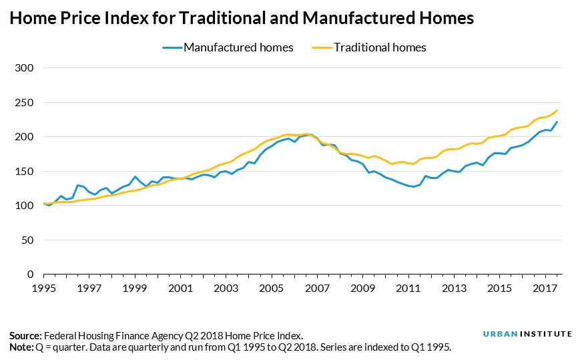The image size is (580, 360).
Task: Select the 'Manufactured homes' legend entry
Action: pyautogui.click(x=228, y=47)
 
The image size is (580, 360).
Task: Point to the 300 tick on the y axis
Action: pyautogui.click(x=24, y=68)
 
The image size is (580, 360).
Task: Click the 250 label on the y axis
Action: pyautogui.click(x=24, y=103)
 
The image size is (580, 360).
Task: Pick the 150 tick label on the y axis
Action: pyautogui.click(x=24, y=172)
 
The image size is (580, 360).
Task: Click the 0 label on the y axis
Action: pyautogui.click(x=30, y=275)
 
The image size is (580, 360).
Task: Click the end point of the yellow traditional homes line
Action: pyautogui.click(x=557, y=111)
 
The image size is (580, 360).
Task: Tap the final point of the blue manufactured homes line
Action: pyautogui.click(x=557, y=122)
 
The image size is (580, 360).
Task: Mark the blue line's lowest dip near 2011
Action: pyautogui.click(x=415, y=187)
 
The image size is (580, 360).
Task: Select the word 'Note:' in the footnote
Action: pyautogui.click(x=21, y=347)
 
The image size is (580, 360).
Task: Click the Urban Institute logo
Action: pyautogui.click(x=527, y=334)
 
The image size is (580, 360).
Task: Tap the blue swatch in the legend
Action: pyautogui.click(x=172, y=47)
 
